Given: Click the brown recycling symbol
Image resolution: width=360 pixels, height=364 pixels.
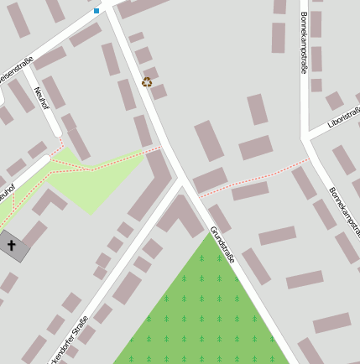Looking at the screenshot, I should [147, 81].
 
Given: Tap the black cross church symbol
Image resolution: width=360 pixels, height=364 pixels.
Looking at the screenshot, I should [12, 246].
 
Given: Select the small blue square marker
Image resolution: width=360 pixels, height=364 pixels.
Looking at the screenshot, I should [97, 11].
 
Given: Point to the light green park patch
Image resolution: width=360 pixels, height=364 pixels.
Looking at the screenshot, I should [92, 180].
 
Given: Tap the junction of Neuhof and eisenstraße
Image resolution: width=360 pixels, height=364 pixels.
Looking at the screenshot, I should [33, 70].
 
